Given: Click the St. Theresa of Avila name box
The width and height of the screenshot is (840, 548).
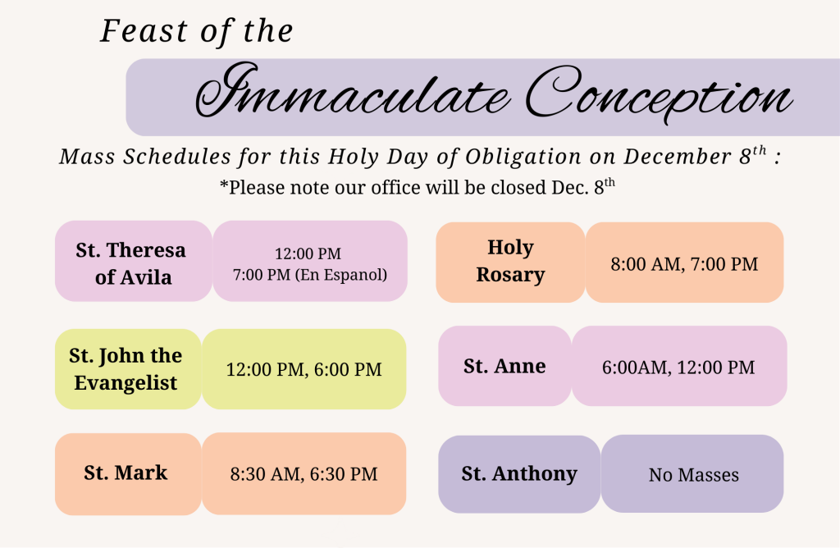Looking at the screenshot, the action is [x=134, y=261].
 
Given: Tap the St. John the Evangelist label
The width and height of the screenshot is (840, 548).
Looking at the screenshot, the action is [x=126, y=369].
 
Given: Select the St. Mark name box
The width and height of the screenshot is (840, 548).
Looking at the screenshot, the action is [x=128, y=474].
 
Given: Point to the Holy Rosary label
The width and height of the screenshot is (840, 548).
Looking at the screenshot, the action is [x=510, y=261].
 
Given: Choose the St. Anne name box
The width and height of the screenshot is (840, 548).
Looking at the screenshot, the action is [x=504, y=366].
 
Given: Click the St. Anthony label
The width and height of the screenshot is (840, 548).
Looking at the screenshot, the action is [x=519, y=473].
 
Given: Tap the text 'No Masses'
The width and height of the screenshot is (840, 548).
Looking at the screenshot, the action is [x=694, y=475].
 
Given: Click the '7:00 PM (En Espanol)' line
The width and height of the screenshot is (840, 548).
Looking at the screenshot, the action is [x=309, y=275].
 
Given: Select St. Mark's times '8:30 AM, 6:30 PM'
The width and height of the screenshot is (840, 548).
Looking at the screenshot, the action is [x=304, y=474].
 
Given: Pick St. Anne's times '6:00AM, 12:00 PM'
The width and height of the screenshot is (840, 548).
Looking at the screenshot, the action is [x=678, y=368].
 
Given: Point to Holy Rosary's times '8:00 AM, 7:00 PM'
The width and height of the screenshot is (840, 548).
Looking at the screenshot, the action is [x=684, y=264].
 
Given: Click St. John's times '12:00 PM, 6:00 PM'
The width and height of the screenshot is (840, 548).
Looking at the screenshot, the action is [x=304, y=370].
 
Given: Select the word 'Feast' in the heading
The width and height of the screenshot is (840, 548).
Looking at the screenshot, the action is [x=144, y=30].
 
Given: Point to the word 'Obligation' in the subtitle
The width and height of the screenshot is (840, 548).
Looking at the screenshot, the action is [x=523, y=157].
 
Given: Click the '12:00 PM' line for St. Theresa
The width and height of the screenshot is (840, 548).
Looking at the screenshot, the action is [x=308, y=253].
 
